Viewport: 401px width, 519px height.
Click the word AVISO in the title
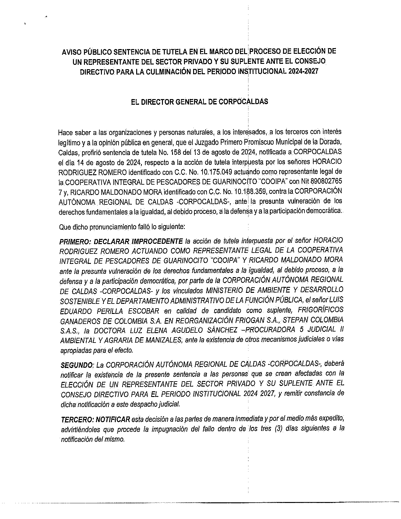click(71, 52)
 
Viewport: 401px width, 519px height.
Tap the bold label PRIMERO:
click(75, 242)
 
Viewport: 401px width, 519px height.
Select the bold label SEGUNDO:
click(77, 365)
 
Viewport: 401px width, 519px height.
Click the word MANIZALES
click(163, 340)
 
